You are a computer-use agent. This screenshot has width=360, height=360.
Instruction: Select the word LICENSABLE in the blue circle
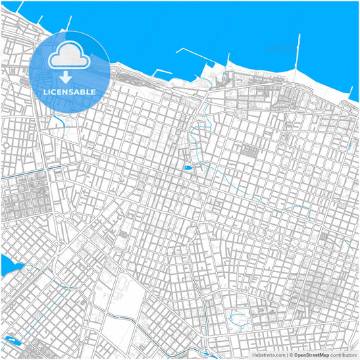pos(70,91)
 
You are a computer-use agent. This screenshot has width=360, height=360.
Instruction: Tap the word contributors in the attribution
pos(343,354)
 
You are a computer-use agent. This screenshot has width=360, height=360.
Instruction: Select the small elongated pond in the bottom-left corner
pos(10,339)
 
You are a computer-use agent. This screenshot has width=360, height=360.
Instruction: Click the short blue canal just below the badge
pos(59,122)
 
